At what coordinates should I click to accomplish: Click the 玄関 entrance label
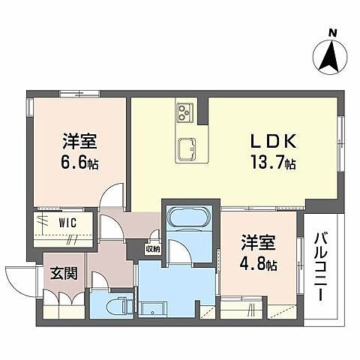tap(63, 274)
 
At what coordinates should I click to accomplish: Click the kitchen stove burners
tap(185, 112)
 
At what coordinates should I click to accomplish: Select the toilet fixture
tap(116, 306)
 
